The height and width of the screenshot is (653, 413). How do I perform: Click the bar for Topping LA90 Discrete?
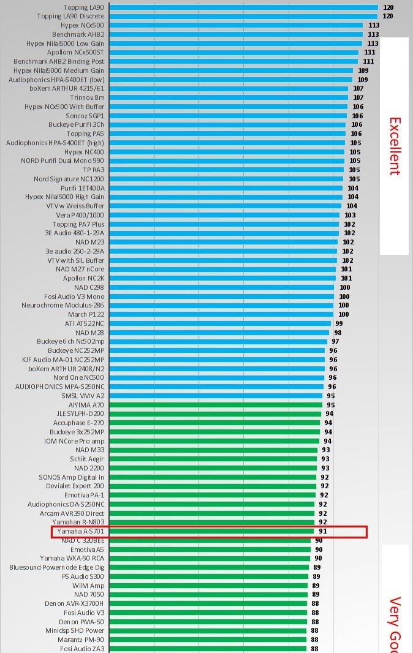243,16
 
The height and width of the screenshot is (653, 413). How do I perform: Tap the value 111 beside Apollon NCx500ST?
369,53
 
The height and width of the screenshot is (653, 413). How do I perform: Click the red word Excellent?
394,146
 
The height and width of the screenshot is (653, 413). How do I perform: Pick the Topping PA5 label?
85,134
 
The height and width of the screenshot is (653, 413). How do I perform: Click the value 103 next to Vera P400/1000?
350,215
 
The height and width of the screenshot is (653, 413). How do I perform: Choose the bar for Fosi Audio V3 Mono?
221,296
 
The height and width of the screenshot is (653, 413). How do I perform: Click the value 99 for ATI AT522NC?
339,323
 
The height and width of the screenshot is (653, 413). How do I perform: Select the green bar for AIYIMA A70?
216,405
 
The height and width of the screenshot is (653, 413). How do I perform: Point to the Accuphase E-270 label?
78,423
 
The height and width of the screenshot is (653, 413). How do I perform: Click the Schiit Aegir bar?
213,459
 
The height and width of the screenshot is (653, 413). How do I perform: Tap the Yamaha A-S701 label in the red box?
80,531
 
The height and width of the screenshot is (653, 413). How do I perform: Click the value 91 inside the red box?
322,531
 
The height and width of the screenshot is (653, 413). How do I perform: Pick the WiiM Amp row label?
88,586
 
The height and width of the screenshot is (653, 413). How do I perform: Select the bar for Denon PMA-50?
208,622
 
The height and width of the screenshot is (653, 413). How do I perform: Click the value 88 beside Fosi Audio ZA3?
314,649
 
